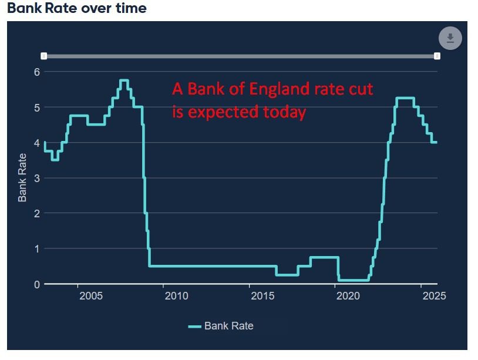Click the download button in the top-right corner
[x=450, y=39]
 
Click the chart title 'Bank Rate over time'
[x=77, y=9]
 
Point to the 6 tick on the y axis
[x=36, y=72]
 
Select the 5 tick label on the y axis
[x=36, y=107]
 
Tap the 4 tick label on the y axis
[x=36, y=143]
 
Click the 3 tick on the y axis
[x=36, y=178]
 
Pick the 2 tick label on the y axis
[x=36, y=213]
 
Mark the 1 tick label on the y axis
[x=36, y=248]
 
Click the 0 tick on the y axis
[x=36, y=284]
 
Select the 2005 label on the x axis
[x=91, y=295]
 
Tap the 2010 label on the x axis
[x=177, y=295]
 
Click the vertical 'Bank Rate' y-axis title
[x=22, y=177]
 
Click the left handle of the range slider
[x=44, y=56]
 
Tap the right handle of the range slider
[x=437, y=56]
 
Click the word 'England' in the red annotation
[x=278, y=90]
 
